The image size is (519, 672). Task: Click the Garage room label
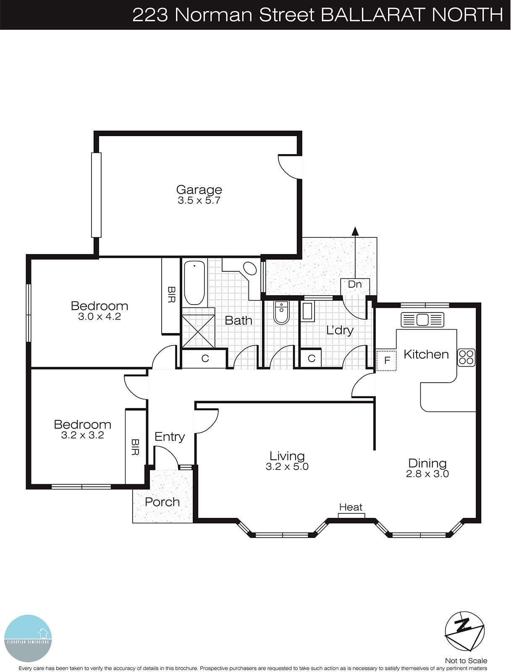[199, 190]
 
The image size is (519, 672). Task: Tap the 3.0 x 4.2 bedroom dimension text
[100, 317]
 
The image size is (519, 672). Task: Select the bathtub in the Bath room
[194, 283]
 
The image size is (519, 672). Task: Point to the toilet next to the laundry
[281, 312]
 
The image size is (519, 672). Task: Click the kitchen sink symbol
[422, 320]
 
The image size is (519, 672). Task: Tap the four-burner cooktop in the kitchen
[466, 357]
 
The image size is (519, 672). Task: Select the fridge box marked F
[387, 360]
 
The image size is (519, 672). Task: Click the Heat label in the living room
[351, 507]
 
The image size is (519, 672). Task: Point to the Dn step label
[355, 284]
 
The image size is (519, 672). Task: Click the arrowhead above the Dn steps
[355, 231]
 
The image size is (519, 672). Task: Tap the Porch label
[162, 502]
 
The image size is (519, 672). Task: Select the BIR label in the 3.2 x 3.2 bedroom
[135, 447]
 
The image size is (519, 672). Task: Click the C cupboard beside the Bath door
[205, 359]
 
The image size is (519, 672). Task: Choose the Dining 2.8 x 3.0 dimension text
[427, 474]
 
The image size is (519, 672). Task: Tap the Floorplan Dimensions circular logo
[28, 638]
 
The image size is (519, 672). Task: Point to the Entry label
[169, 437]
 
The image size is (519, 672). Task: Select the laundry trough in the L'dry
[308, 311]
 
